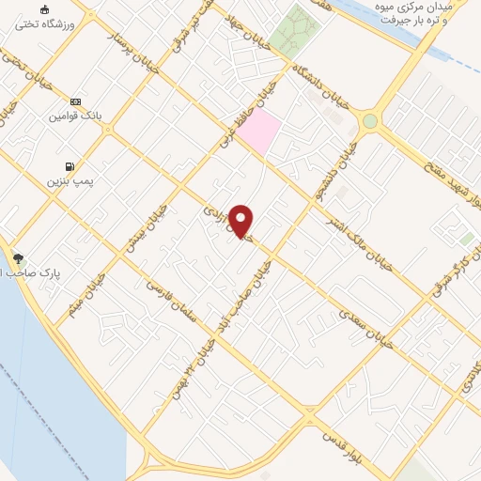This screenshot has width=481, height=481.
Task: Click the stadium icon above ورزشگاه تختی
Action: tap(44, 9)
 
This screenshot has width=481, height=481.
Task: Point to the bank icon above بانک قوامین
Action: tap(76, 101)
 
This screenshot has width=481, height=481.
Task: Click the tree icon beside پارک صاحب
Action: tap(17, 256)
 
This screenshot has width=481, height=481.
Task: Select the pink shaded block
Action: tap(258, 132)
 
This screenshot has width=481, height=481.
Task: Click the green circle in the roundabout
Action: tap(370, 121)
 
